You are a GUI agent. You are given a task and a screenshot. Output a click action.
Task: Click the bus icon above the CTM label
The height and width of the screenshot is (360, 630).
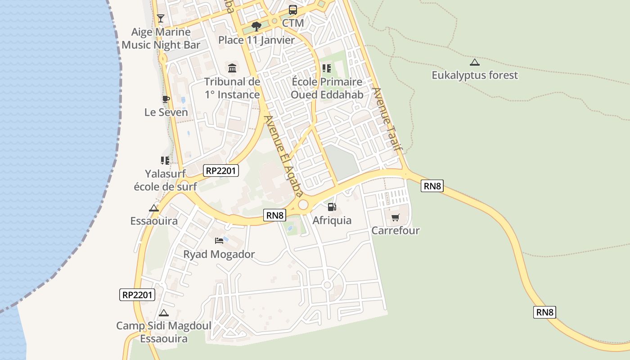tap(292, 9)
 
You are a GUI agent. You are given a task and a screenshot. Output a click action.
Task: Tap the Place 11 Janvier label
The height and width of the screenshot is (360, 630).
tap(256, 40)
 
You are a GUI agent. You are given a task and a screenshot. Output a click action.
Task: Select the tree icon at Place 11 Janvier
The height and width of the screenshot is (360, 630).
tap(256, 27)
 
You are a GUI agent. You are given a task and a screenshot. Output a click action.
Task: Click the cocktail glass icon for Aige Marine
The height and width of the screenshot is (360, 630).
tap(160, 18)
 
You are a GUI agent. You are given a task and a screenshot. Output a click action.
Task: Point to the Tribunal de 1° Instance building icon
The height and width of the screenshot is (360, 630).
tap(232, 68)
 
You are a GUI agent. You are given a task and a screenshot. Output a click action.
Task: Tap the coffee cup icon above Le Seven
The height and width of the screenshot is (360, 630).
tap(166, 99)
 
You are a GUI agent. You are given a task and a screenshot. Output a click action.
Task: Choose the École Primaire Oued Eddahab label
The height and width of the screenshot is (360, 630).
tap(327, 88)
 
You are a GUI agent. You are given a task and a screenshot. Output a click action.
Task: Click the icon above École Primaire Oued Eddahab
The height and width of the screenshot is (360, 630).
tap(327, 68)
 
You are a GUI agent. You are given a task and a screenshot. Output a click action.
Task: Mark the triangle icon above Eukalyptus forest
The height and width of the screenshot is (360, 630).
tap(474, 62)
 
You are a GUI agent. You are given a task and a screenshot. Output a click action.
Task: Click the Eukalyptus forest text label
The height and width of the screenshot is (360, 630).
tap(475, 75)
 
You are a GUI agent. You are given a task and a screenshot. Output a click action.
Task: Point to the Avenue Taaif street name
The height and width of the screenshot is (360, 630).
tap(387, 119)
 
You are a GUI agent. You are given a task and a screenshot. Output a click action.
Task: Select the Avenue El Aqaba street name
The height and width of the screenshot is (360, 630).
tap(282, 156)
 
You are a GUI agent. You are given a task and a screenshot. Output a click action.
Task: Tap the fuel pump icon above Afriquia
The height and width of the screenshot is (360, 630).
tap(332, 207)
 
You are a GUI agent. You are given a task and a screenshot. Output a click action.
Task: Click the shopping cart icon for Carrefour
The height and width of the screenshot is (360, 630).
tap(395, 218)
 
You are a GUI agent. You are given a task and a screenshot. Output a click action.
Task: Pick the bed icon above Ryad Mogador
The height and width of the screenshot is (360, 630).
tap(219, 241)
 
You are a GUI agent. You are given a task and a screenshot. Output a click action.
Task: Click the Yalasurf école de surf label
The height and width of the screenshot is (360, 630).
tap(165, 180)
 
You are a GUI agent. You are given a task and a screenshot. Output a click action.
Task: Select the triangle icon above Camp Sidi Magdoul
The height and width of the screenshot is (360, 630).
tap(164, 313)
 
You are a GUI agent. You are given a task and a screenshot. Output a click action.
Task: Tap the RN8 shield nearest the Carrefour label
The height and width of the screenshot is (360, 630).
tap(432, 185)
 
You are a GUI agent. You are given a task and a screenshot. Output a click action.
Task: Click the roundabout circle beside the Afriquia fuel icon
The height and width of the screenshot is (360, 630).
tap(303, 205)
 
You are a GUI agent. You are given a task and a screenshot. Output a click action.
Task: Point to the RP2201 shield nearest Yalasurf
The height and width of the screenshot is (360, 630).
tap(220, 171)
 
